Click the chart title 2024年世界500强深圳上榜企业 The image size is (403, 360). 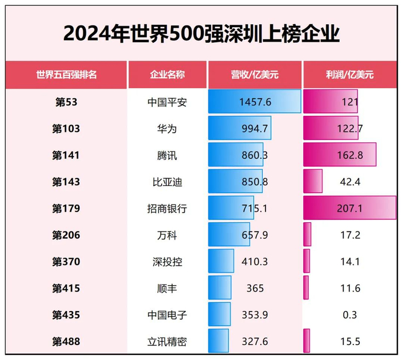click(201, 33)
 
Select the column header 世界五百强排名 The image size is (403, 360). click(66, 74)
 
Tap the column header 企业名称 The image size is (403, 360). click(167, 74)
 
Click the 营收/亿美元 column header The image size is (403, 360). click(254, 74)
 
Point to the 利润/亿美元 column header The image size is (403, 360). click(349, 74)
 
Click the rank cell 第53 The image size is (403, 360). click(66, 102)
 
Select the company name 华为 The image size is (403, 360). click(167, 128)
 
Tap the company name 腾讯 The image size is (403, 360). click(167, 155)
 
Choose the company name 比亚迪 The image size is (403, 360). click(167, 181)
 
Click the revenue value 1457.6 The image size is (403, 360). click(254, 102)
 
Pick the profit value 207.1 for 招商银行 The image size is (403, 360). click(349, 209)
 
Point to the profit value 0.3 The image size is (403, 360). click(349, 315)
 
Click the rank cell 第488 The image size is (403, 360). click(66, 342)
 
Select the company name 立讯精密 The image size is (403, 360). click(167, 342)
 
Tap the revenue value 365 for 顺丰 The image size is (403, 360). click(254, 289)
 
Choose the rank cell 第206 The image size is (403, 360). click(66, 235)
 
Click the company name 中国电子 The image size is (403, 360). click(167, 315)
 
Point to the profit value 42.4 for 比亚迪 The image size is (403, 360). click(349, 181)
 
